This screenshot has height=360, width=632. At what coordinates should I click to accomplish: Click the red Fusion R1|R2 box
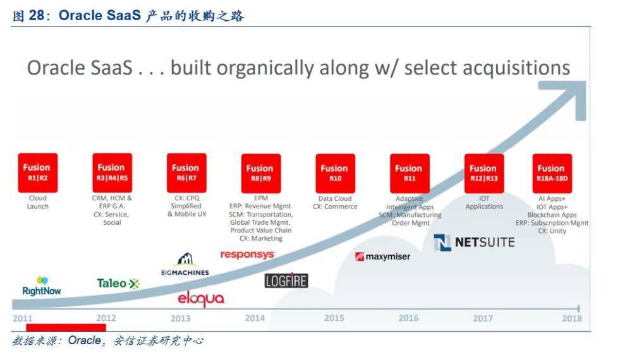[x=38, y=173]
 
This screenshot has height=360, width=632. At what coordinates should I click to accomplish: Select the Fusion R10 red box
[x=336, y=173]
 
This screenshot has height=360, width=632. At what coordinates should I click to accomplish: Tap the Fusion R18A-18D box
[x=552, y=173]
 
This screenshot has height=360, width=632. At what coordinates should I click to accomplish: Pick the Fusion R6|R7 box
[x=186, y=173]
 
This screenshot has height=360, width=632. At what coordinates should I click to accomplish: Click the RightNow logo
[x=42, y=286]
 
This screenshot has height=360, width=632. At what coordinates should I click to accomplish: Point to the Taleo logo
[x=118, y=284]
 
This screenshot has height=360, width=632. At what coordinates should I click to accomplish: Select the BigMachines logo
[x=185, y=265]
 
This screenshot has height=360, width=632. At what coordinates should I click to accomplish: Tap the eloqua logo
[x=201, y=299]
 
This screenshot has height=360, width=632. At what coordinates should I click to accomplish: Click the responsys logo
[x=248, y=255]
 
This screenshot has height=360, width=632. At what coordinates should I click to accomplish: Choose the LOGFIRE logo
[x=286, y=280]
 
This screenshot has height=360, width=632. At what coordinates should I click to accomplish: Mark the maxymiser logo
[x=382, y=256]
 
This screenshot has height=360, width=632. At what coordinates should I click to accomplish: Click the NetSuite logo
[x=475, y=243]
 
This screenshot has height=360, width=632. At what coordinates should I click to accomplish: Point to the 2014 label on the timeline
[x=255, y=318]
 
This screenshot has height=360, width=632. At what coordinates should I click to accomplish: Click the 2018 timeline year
[x=572, y=318]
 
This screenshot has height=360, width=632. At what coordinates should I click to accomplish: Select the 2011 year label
[x=23, y=318]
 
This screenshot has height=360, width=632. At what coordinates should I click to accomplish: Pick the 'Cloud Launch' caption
[x=38, y=202]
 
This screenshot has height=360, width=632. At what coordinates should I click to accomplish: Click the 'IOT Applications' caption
[x=484, y=203]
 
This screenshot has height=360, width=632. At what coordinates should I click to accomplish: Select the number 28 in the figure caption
[x=37, y=16]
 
